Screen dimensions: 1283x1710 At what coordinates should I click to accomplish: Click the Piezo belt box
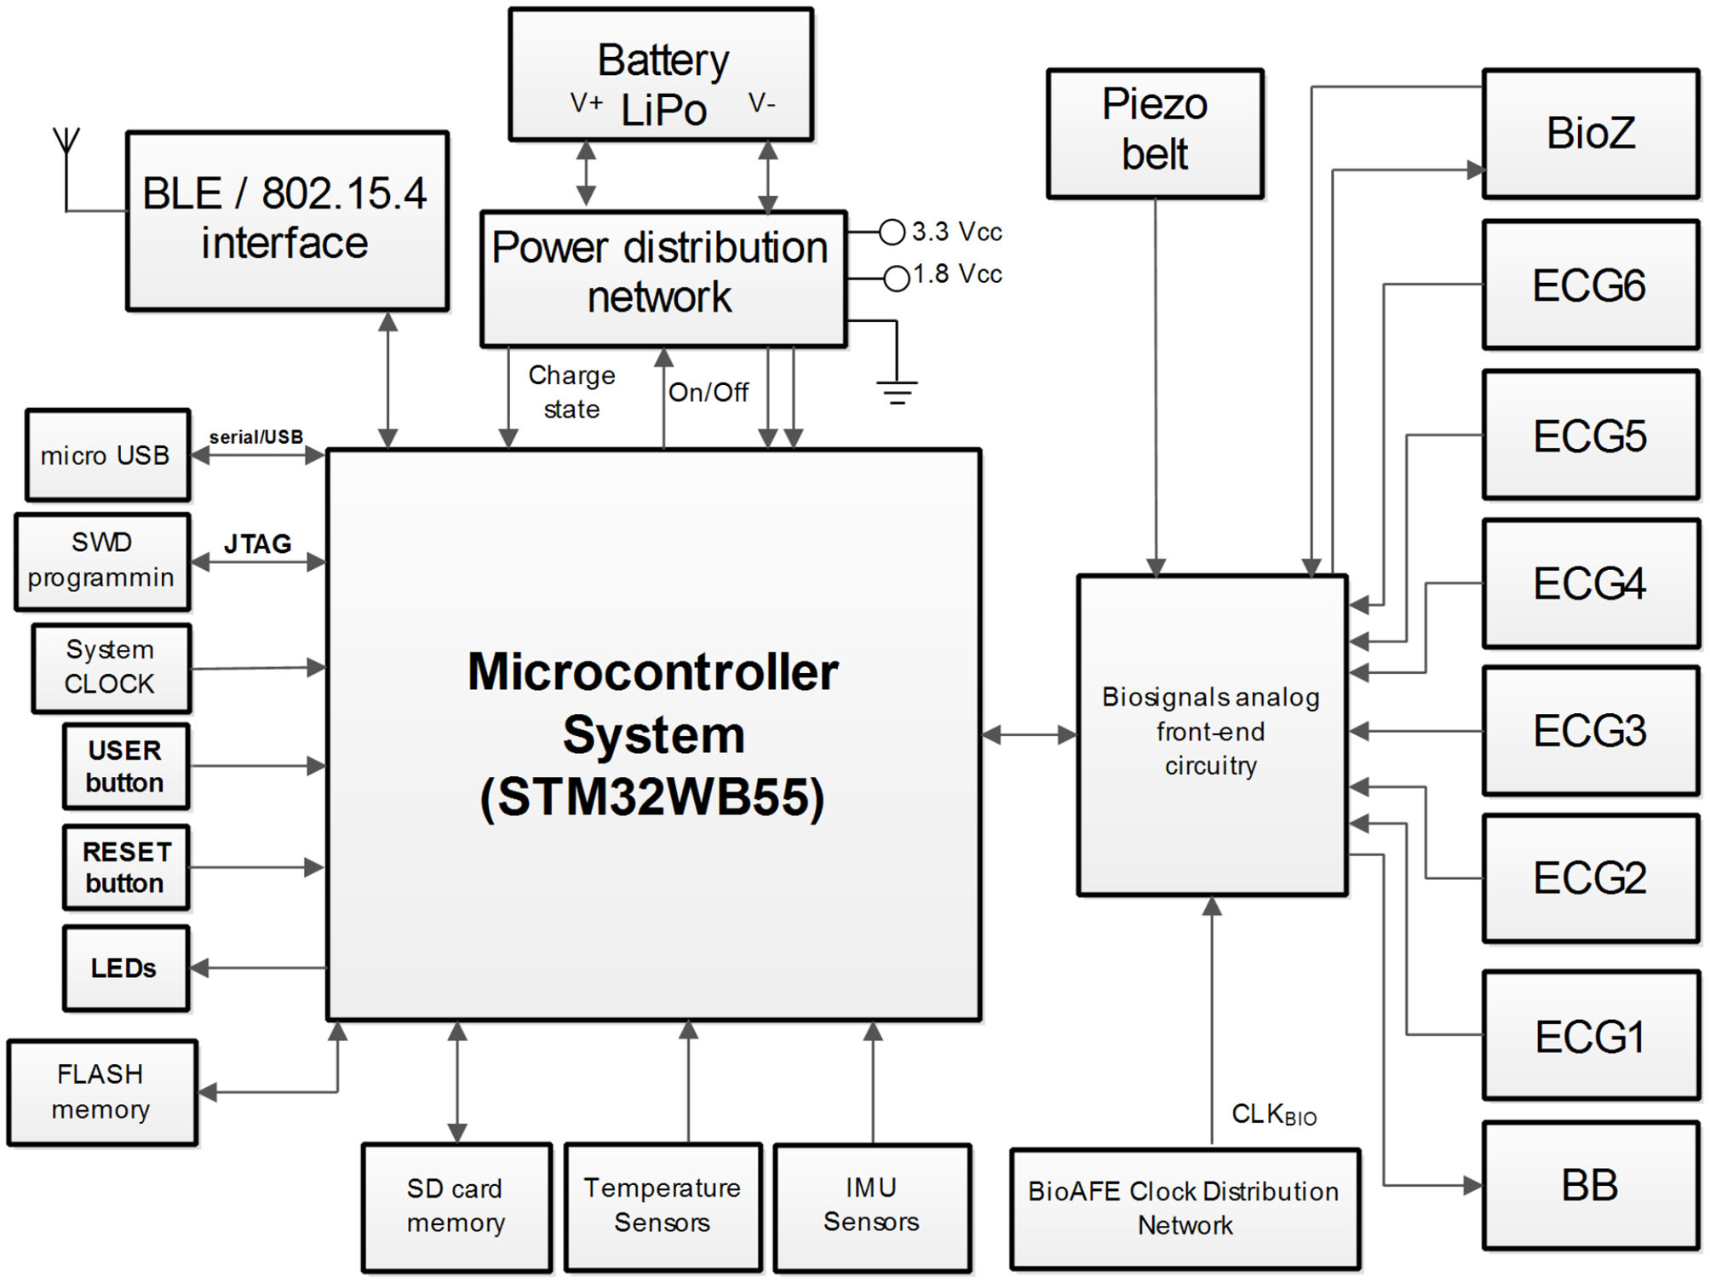(x=1154, y=134)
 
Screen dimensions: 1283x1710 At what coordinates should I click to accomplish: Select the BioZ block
(x=1590, y=134)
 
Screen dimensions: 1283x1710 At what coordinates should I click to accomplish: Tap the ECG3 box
(x=1590, y=731)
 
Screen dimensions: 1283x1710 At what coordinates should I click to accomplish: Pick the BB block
(x=1590, y=1185)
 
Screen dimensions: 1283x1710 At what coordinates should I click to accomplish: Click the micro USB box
(x=106, y=455)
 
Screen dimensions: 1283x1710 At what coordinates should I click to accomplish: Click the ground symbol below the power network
(x=897, y=391)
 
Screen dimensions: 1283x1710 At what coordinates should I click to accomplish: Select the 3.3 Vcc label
(x=956, y=232)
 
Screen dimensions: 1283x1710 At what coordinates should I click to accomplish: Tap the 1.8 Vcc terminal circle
(x=896, y=279)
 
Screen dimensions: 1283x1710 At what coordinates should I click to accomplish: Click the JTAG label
(x=257, y=544)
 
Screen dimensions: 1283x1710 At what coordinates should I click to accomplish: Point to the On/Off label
(x=708, y=393)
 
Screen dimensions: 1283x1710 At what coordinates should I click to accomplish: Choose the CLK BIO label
(x=1273, y=1114)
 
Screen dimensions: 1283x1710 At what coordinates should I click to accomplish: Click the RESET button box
(x=125, y=867)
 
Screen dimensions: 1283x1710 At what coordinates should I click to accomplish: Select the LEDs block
(x=125, y=968)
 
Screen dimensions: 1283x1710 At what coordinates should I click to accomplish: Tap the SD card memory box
(x=456, y=1205)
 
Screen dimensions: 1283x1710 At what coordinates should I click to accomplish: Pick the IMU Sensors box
(x=871, y=1205)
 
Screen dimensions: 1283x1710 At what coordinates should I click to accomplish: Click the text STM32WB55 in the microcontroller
(x=653, y=797)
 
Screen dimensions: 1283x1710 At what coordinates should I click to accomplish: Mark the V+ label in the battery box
(x=586, y=103)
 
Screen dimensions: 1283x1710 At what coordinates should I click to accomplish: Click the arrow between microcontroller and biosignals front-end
(x=1029, y=734)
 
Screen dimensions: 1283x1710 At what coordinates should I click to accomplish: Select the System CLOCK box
(x=111, y=667)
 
